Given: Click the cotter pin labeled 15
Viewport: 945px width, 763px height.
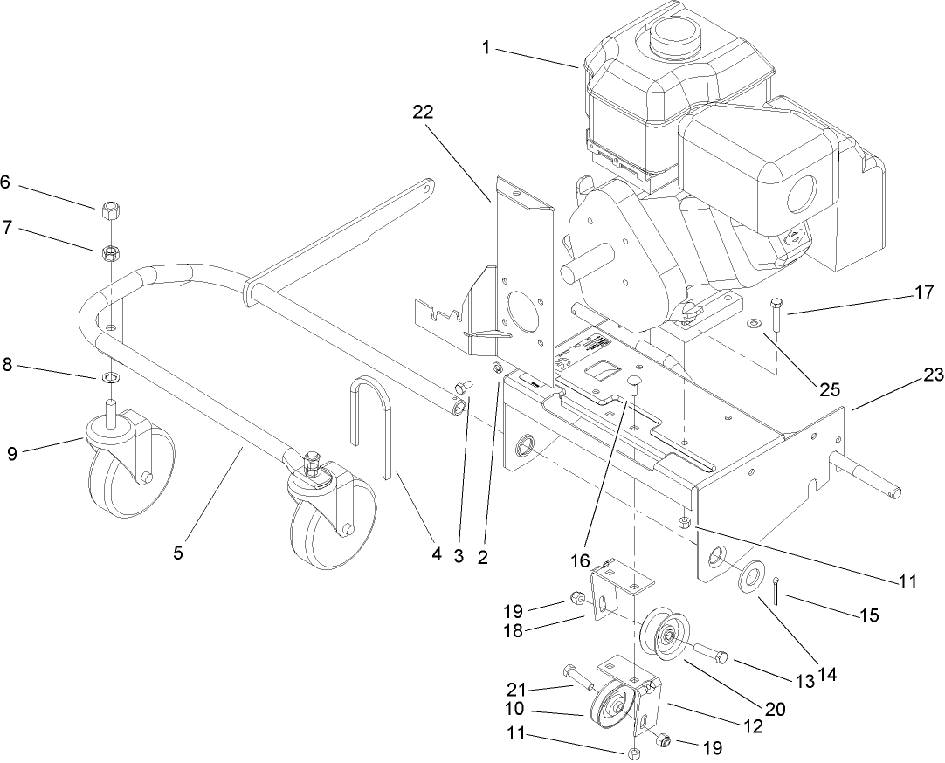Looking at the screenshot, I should (x=776, y=591).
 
